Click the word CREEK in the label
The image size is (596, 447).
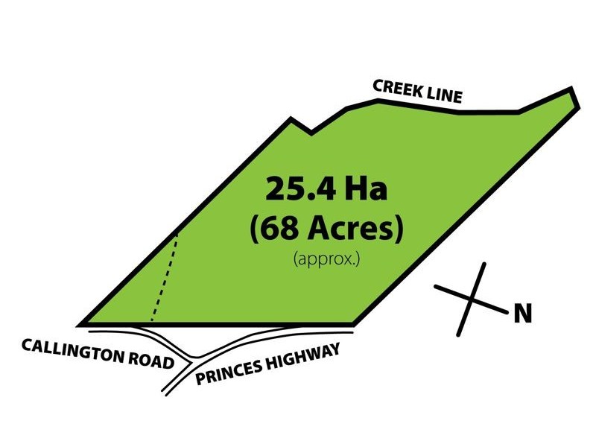coord(399,86)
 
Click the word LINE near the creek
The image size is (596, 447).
coord(445,95)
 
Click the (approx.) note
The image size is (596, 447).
coord(321,260)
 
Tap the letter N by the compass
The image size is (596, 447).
coord(523,315)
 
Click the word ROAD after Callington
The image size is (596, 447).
coord(149,361)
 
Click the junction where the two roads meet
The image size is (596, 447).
coord(193,357)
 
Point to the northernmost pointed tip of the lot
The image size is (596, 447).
coord(571,90)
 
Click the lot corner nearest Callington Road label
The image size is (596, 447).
coord(80,326)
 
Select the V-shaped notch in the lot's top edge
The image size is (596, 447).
coord(311,135)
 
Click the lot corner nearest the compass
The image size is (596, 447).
coord(353,326)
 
